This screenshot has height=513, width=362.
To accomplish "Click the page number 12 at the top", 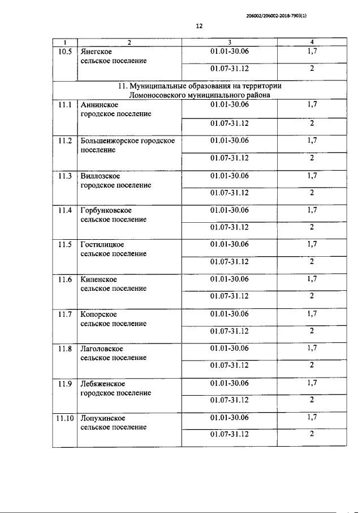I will pos(199,26).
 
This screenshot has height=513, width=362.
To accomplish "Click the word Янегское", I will pos(97,52).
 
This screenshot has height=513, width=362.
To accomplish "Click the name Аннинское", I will pos(100,105).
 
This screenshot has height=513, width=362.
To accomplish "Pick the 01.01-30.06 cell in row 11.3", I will pos(229,175).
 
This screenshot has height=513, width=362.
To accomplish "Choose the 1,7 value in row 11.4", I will pos(312,210).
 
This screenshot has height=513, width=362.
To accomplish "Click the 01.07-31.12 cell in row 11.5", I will pos(229,262).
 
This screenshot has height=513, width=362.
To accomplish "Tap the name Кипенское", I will pos(99,279).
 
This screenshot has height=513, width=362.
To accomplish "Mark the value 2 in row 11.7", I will pos(312,331).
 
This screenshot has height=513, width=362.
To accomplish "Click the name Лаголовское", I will pos(102,349).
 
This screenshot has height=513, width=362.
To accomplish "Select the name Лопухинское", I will pos(103,418).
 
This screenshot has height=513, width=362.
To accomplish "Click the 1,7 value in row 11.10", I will pos(312,418).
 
